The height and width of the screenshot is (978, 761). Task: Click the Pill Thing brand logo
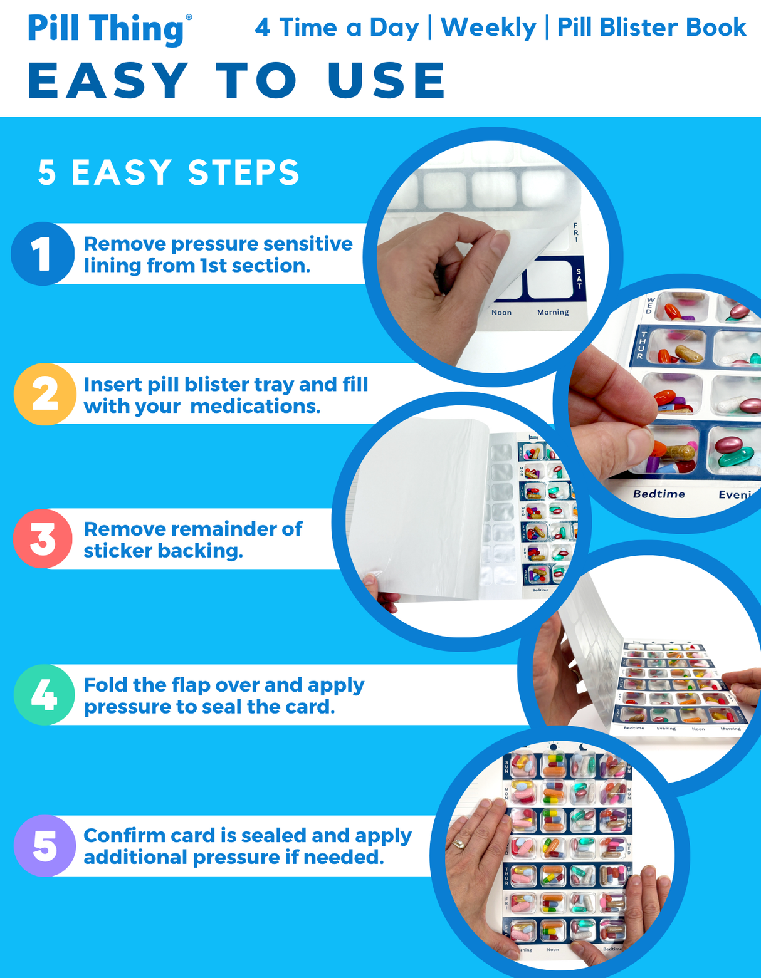click(105, 29)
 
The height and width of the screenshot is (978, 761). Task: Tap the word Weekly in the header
click(488, 28)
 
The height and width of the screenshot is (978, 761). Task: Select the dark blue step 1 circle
click(43, 254)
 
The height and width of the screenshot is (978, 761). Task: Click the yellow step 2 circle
click(45, 394)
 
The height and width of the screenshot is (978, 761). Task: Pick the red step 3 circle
click(43, 539)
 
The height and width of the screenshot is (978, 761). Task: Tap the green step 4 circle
click(45, 695)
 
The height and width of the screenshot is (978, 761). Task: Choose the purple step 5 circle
click(45, 846)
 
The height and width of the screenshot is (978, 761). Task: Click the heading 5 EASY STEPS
click(169, 172)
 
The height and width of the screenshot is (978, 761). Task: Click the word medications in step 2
click(255, 406)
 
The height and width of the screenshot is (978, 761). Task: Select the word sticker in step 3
click(117, 551)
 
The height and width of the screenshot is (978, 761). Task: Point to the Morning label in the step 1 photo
click(552, 312)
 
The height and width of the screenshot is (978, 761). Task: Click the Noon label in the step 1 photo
click(501, 312)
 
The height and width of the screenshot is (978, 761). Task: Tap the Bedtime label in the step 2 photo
click(658, 494)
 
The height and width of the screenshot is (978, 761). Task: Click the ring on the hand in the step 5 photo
click(459, 843)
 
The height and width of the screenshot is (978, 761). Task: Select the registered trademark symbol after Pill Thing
click(189, 18)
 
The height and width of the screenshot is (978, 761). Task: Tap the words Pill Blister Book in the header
click(651, 28)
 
